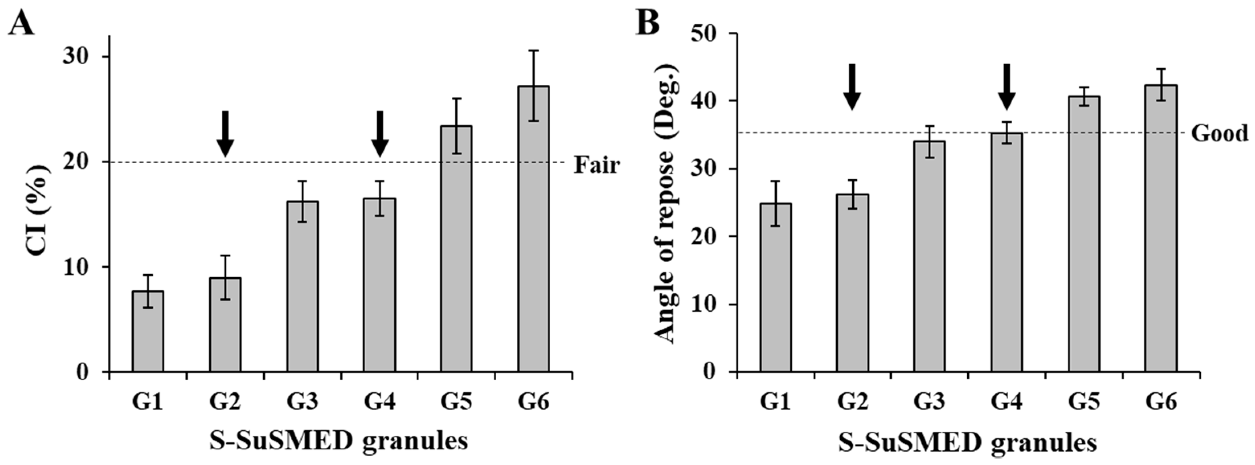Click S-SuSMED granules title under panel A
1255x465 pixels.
[x=339, y=442]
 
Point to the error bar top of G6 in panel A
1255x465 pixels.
[x=534, y=51]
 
